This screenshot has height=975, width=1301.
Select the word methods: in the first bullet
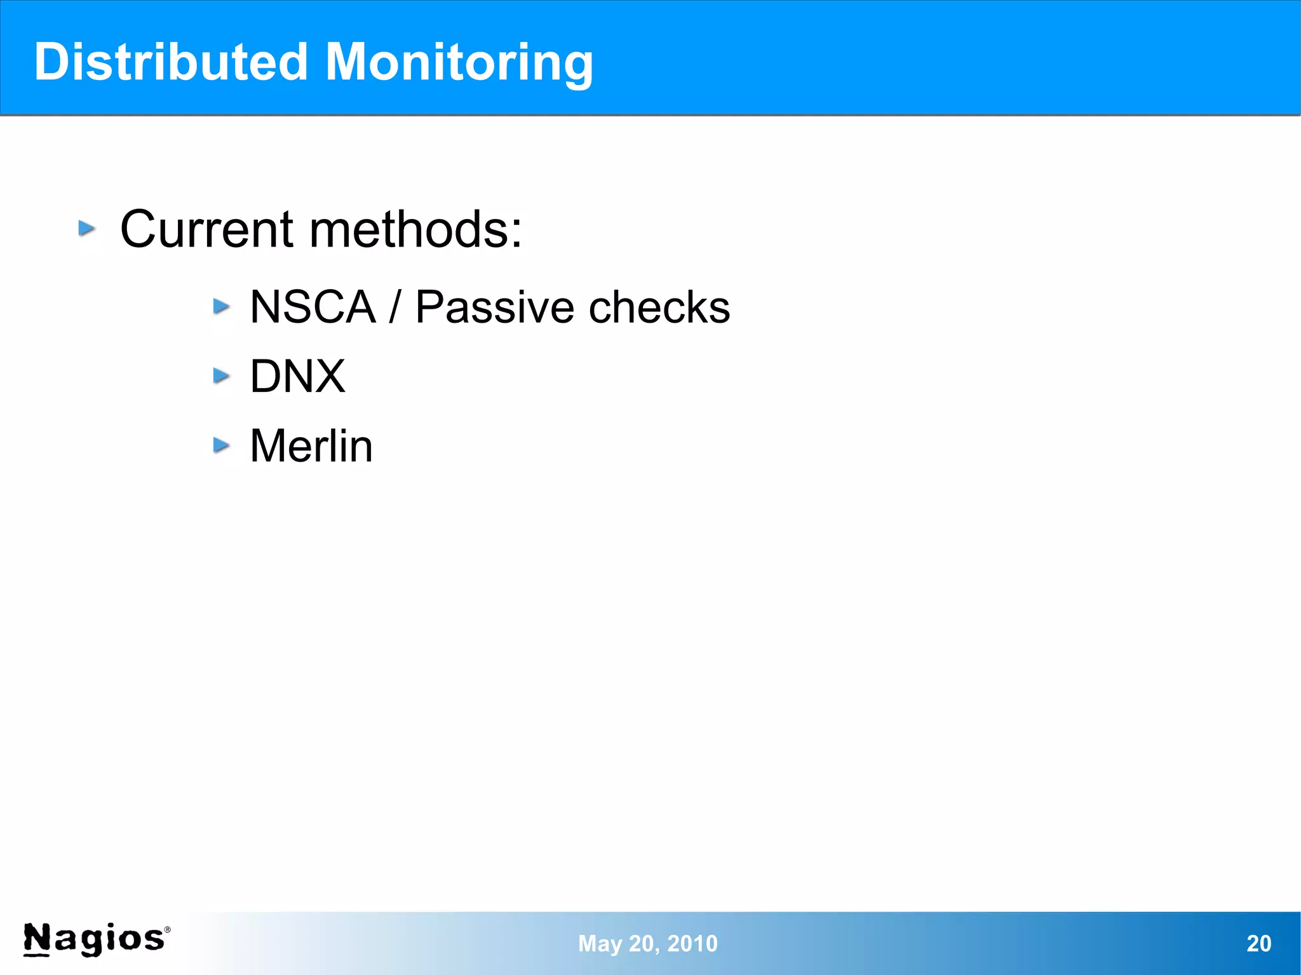[x=416, y=229]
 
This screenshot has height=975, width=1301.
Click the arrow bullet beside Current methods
[x=87, y=228]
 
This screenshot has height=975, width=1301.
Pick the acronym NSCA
[x=313, y=307]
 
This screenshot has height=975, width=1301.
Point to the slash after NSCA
[x=395, y=307]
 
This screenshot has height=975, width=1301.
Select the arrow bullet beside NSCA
[x=221, y=307]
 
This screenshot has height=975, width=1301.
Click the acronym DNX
[x=297, y=377]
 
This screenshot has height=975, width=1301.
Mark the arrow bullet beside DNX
[x=221, y=376]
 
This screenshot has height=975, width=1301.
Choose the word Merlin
[x=311, y=446]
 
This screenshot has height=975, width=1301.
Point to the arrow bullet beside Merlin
[x=221, y=445]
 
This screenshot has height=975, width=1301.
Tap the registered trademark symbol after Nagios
[x=168, y=929]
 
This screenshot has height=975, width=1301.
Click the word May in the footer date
[x=600, y=944]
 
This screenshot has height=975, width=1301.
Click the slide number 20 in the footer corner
[x=1258, y=944]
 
